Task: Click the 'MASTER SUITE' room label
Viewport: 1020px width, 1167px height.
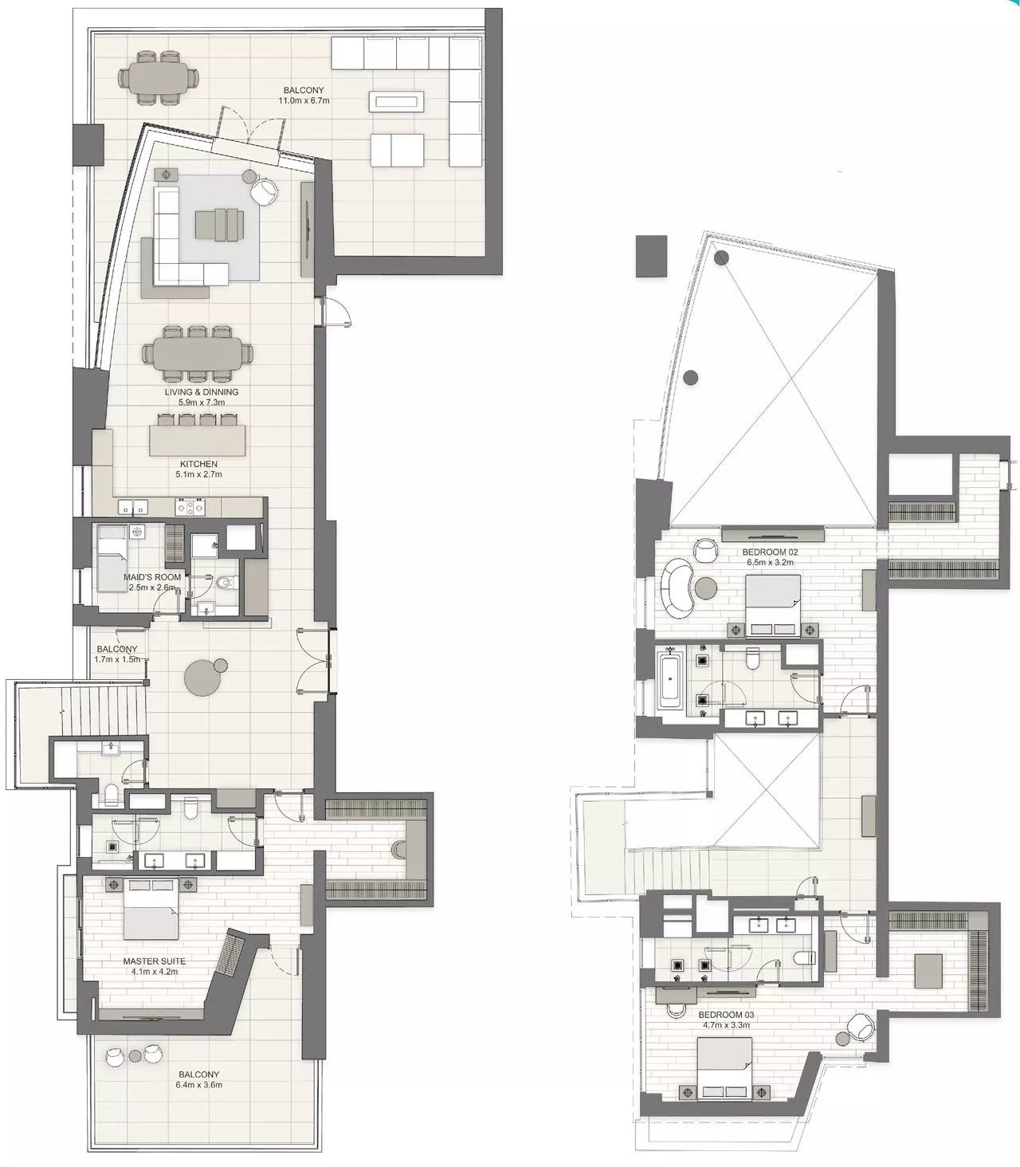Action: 154,961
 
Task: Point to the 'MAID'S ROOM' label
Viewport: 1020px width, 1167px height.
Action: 152,577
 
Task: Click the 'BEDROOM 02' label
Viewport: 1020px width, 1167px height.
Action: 770,552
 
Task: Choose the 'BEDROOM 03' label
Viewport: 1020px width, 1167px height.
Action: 726,1015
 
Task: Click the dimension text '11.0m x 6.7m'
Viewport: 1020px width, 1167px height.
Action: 304,101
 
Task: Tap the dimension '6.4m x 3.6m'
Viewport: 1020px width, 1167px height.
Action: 198,1085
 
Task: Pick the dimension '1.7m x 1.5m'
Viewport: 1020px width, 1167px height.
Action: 116,659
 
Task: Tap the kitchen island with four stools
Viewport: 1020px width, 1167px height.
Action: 197,440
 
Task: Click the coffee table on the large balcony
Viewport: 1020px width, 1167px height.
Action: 397,100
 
